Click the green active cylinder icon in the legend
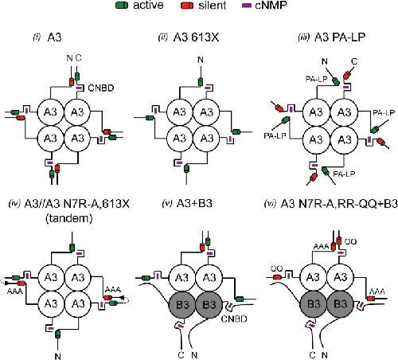point(122,6)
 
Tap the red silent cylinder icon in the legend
point(187,6)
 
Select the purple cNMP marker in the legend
point(247,6)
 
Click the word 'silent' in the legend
point(213,5)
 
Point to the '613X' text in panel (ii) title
point(205,37)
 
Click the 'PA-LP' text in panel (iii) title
point(349,37)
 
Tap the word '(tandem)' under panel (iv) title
point(69,218)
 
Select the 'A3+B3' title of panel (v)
point(194,204)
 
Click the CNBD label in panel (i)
point(101,88)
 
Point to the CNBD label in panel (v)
point(234,319)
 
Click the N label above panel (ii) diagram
point(201,60)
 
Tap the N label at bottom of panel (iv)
point(57,356)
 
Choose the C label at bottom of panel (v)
point(181,355)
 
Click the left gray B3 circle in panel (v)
point(182,304)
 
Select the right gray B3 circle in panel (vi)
point(340,304)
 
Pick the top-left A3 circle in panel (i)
point(50,112)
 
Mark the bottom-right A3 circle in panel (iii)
point(344,139)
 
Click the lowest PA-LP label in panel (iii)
point(344,174)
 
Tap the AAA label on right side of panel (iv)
point(113,290)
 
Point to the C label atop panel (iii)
point(354,61)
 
